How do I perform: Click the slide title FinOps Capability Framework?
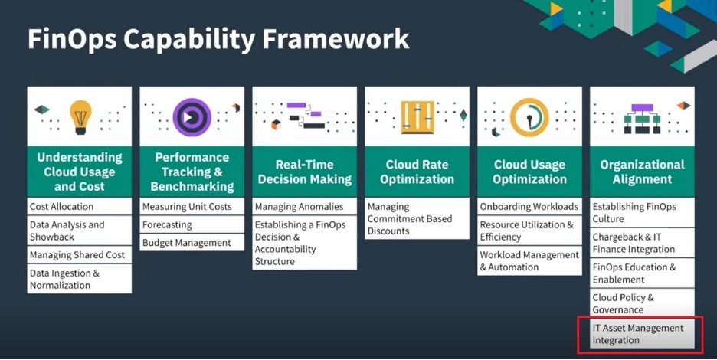(x=218, y=39)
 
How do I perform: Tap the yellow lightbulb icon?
(x=80, y=117)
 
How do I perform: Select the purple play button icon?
(x=192, y=117)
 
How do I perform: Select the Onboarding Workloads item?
(x=529, y=207)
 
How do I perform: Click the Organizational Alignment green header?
(x=642, y=172)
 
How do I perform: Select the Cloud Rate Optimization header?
(x=417, y=172)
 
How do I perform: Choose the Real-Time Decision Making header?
(x=305, y=172)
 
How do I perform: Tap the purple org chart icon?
(x=642, y=119)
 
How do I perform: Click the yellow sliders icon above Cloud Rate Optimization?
(x=417, y=117)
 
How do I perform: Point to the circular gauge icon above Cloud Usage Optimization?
(x=529, y=117)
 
